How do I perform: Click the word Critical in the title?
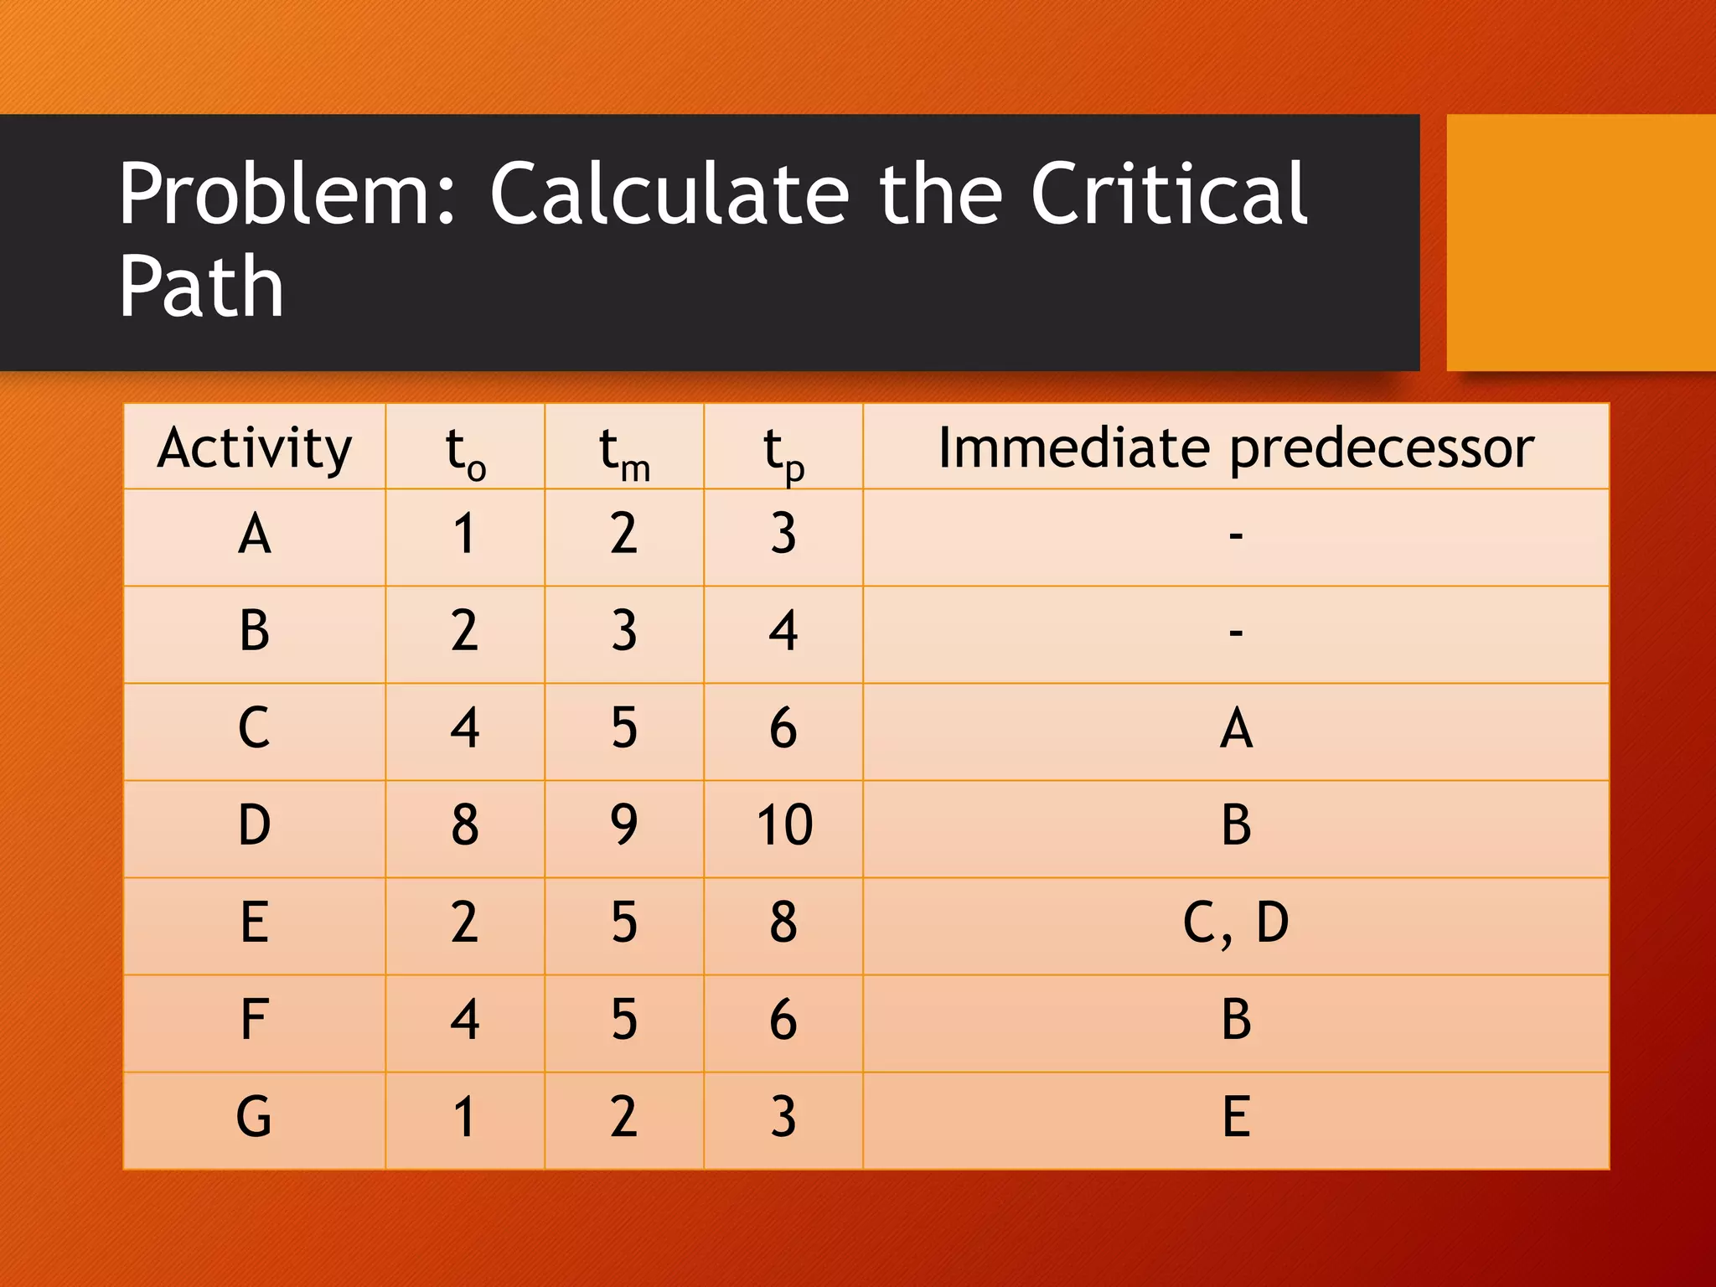tap(1168, 194)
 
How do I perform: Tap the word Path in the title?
tap(201, 287)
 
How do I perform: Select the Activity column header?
tap(255, 447)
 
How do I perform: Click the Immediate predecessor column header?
tap(1236, 447)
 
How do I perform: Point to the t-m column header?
tap(624, 452)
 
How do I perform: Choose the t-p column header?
tap(783, 452)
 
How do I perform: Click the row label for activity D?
tap(255, 825)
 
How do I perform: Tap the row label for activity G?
tap(255, 1117)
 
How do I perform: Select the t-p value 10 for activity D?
tap(784, 825)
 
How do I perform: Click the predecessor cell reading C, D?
tap(1236, 923)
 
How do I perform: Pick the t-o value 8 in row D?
tap(465, 825)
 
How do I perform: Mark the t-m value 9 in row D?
tap(624, 825)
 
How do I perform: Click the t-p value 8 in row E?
tap(783, 923)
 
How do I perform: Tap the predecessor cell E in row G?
tap(1236, 1117)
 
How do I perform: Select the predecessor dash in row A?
tap(1236, 535)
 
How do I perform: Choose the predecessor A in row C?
tap(1236, 728)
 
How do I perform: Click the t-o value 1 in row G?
tap(465, 1117)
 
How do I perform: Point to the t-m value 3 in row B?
tap(624, 631)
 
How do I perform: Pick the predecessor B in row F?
tap(1236, 1020)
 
